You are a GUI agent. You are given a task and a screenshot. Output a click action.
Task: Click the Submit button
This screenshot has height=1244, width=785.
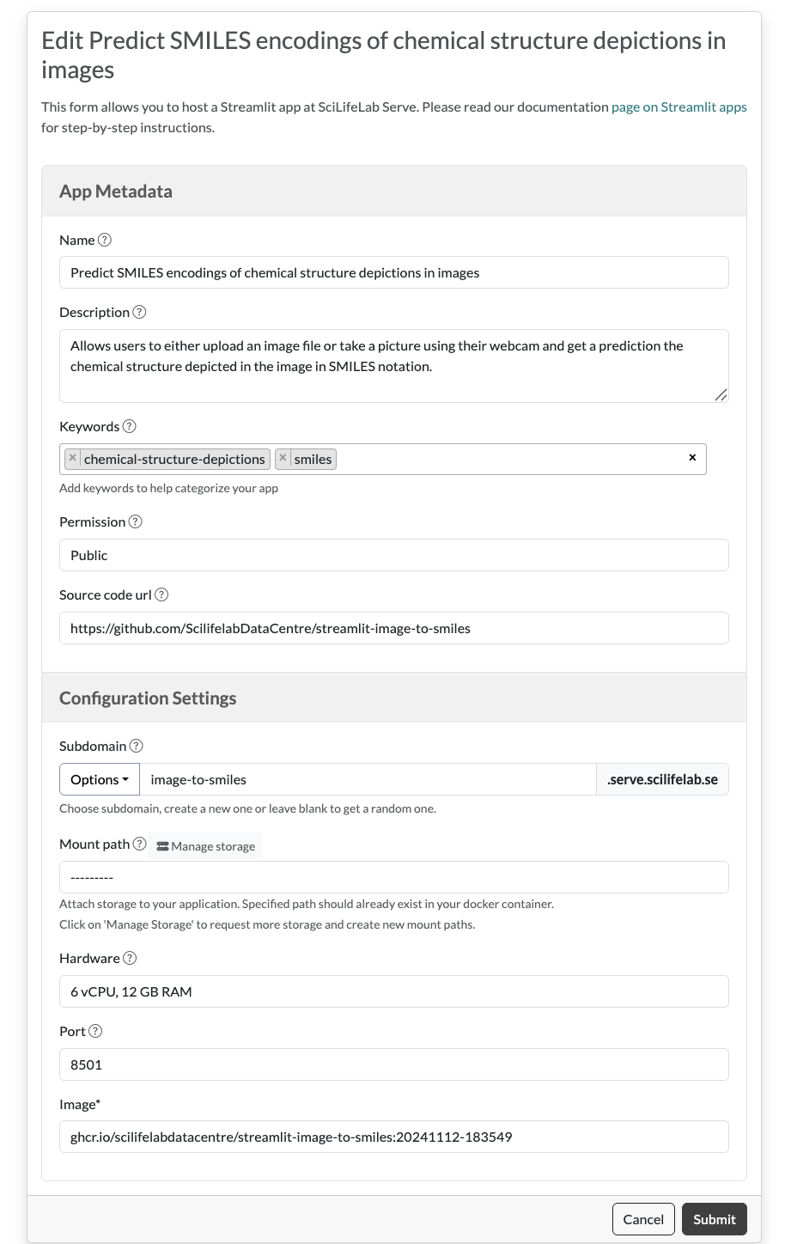pyautogui.click(x=714, y=1219)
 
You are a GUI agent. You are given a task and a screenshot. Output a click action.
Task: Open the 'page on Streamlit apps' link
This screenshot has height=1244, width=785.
pyautogui.click(x=679, y=107)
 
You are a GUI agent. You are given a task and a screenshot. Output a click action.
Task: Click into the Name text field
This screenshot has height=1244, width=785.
pyautogui.click(x=393, y=272)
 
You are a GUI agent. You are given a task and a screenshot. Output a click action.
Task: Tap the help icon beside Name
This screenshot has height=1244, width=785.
pyautogui.click(x=105, y=241)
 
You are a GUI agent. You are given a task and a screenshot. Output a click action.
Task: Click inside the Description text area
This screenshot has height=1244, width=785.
pyautogui.click(x=393, y=365)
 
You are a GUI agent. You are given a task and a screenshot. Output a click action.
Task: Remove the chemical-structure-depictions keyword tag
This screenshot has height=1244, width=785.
pyautogui.click(x=73, y=459)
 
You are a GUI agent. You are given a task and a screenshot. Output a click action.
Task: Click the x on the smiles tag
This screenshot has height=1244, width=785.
pyautogui.click(x=283, y=459)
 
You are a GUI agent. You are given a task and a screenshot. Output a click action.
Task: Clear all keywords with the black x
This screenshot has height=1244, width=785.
pyautogui.click(x=692, y=458)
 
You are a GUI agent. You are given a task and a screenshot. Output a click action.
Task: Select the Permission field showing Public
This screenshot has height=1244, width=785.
pyautogui.click(x=393, y=555)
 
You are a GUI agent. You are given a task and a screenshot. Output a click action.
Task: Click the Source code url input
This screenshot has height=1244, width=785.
pyautogui.click(x=393, y=628)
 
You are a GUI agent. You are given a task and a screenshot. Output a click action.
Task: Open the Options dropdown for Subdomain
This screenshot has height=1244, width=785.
pyautogui.click(x=99, y=780)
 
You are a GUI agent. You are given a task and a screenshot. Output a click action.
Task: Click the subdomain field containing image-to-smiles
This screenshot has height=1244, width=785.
pyautogui.click(x=368, y=780)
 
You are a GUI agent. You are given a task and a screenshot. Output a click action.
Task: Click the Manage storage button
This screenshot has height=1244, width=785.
pyautogui.click(x=206, y=846)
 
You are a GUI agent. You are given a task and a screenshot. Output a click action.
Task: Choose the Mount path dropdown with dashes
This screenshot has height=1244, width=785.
pyautogui.click(x=393, y=877)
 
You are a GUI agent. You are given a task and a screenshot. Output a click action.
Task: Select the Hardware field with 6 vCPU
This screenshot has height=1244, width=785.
pyautogui.click(x=393, y=991)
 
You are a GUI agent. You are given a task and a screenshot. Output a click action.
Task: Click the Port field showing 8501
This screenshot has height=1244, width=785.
pyautogui.click(x=393, y=1064)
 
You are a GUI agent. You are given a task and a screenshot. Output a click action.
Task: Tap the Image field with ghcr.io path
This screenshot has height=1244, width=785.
pyautogui.click(x=393, y=1137)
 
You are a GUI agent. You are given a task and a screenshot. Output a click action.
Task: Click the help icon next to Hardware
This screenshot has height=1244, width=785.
pyautogui.click(x=130, y=959)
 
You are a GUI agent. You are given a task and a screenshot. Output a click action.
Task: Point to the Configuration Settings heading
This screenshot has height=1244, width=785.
pyautogui.click(x=148, y=698)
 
